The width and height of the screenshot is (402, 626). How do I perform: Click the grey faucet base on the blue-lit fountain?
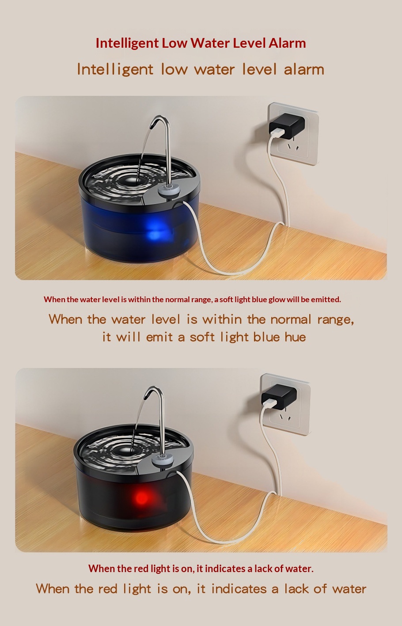pyautogui.click(x=169, y=190)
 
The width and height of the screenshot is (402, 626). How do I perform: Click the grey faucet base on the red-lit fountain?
pyautogui.click(x=163, y=459)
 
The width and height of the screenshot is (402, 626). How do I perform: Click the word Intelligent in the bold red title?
pyautogui.click(x=127, y=43)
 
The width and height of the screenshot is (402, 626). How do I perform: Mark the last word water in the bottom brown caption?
pyautogui.click(x=349, y=589)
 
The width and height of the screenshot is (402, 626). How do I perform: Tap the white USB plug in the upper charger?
pyautogui.click(x=276, y=132)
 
